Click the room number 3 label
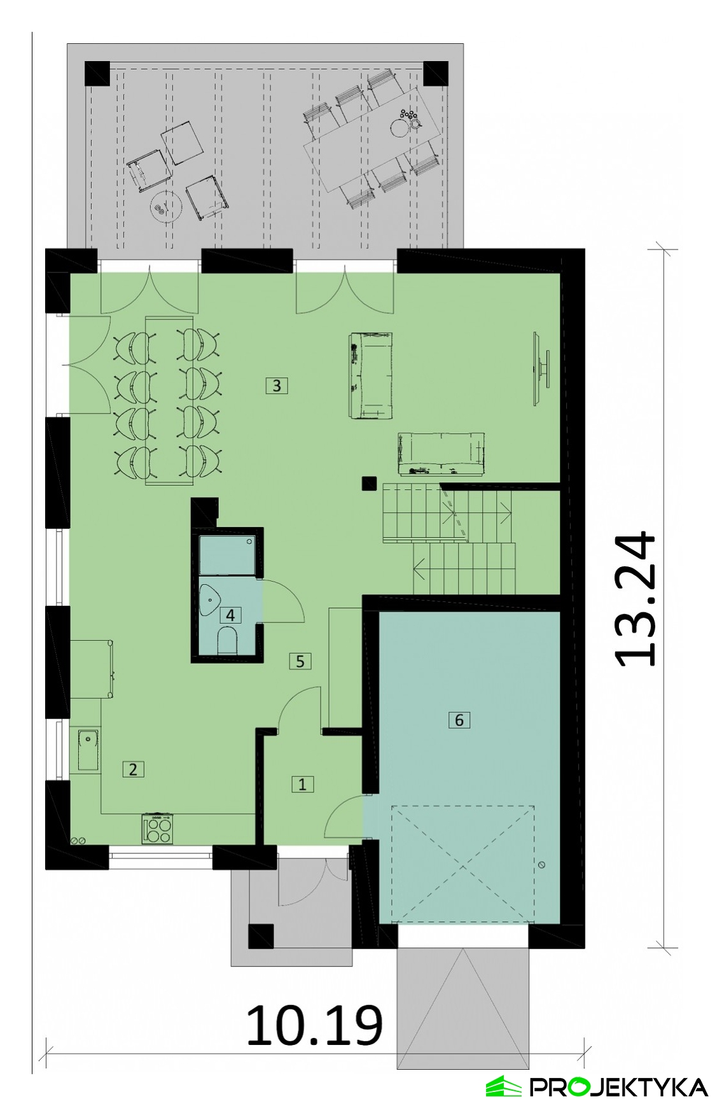[x=277, y=385]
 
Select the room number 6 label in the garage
[x=459, y=720]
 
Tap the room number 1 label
[x=302, y=784]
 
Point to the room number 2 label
[x=133, y=769]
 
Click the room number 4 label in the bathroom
[x=230, y=615]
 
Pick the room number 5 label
[x=300, y=661]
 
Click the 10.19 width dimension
[x=315, y=1025]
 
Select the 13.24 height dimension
[x=634, y=599]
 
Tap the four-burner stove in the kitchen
[x=157, y=829]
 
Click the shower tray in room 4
[x=227, y=556]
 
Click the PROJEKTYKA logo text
[x=619, y=1087]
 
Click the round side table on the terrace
[x=166, y=206]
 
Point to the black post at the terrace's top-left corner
[x=97, y=74]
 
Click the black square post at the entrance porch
[x=261, y=936]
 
